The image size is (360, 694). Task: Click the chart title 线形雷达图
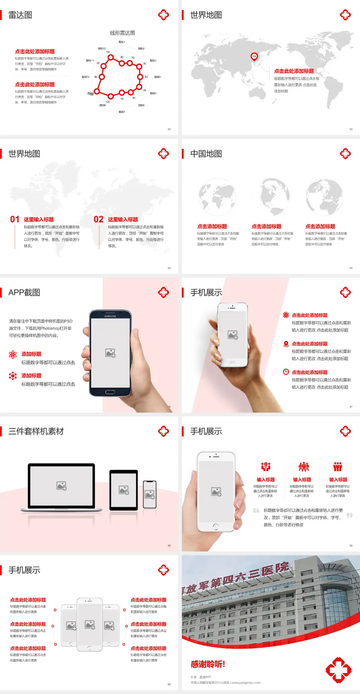(x=122, y=33)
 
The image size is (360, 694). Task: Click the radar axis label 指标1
(x=122, y=42)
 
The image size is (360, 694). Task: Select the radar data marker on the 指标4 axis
(x=140, y=77)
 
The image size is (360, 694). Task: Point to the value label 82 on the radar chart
(x=146, y=77)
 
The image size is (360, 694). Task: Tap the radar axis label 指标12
(x=102, y=48)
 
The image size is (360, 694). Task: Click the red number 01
(x=15, y=219)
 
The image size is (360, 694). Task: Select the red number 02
(x=98, y=219)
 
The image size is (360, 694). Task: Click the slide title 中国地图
(x=206, y=154)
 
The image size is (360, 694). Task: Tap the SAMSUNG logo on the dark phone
(x=110, y=316)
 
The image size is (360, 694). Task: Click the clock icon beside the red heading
(x=286, y=372)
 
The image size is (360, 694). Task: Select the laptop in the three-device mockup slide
(x=61, y=487)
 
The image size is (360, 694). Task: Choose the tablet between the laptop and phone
(x=123, y=490)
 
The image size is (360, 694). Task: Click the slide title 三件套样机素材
(x=36, y=431)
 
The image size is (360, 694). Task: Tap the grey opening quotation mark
(x=256, y=510)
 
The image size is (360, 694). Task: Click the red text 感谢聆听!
(x=208, y=664)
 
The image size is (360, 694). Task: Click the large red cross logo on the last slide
(x=338, y=670)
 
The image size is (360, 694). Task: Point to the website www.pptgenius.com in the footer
(x=246, y=683)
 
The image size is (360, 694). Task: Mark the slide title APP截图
(x=24, y=293)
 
